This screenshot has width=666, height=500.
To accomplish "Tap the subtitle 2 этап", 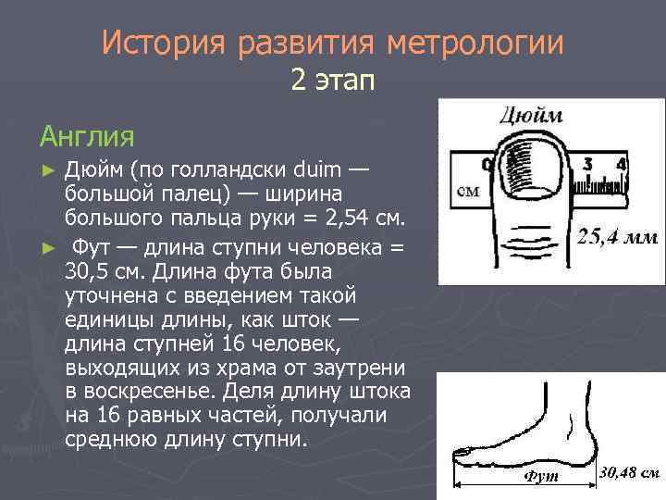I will [x=332, y=81].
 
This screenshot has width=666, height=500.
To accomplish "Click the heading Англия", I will [x=87, y=136].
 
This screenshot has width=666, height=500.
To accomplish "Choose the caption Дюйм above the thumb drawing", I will [x=530, y=118].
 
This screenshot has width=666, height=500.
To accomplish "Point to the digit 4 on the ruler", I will [x=621, y=165].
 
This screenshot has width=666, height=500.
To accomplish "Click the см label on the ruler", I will [x=468, y=193].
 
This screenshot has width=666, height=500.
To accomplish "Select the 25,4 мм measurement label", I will [x=617, y=238].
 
